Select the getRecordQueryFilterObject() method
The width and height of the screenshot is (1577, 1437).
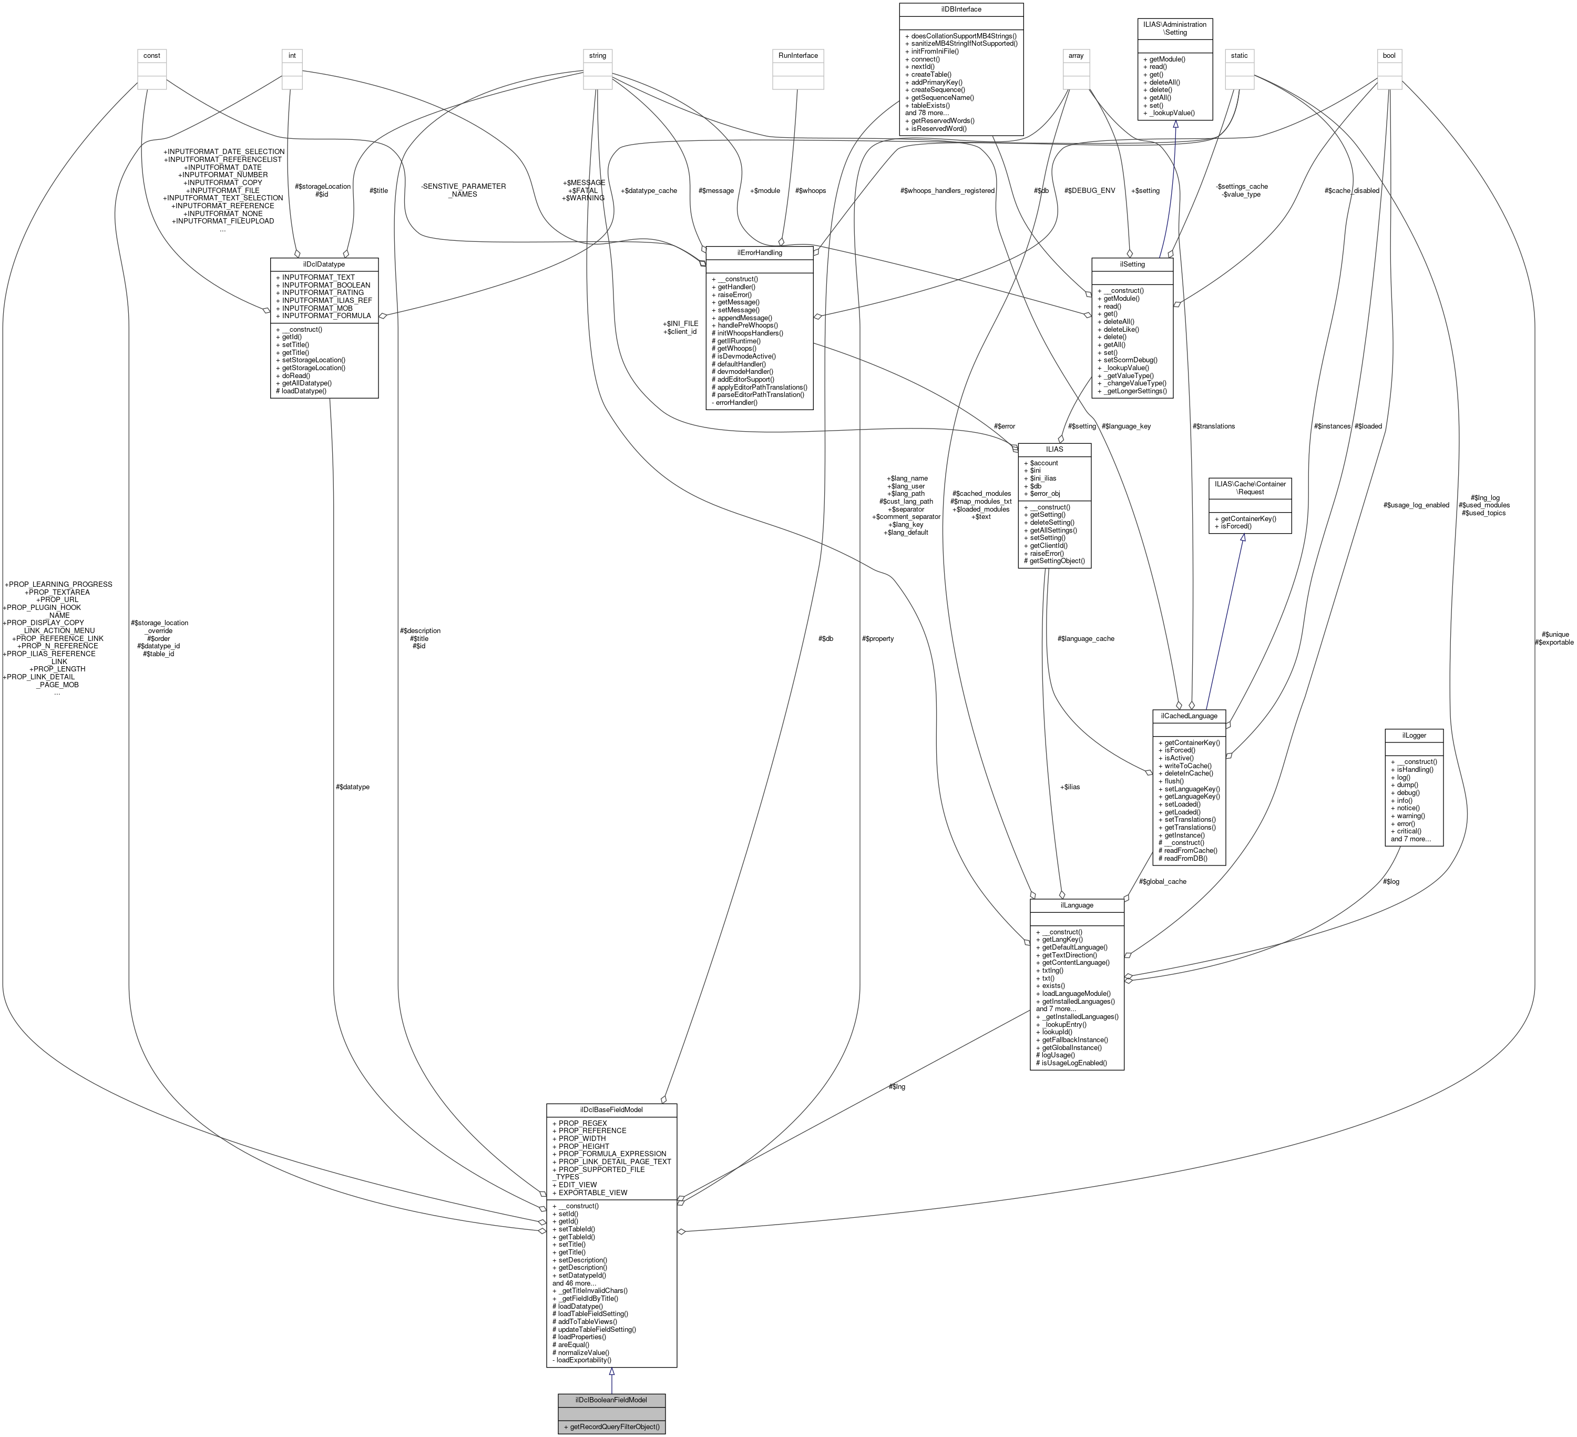click(x=611, y=1427)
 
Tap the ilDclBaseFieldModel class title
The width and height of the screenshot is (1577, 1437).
click(x=611, y=1109)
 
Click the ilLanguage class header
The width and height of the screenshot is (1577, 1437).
click(x=1077, y=905)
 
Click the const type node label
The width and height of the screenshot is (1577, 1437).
click(x=152, y=56)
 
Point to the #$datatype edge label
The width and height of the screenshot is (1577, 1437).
click(x=352, y=787)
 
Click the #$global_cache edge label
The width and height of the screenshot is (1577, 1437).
click(x=1162, y=882)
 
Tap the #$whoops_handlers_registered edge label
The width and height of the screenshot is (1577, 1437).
click(x=947, y=191)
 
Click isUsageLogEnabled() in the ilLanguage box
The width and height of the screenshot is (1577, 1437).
click(x=1071, y=1063)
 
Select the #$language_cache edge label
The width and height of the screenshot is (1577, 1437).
click(x=1085, y=638)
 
